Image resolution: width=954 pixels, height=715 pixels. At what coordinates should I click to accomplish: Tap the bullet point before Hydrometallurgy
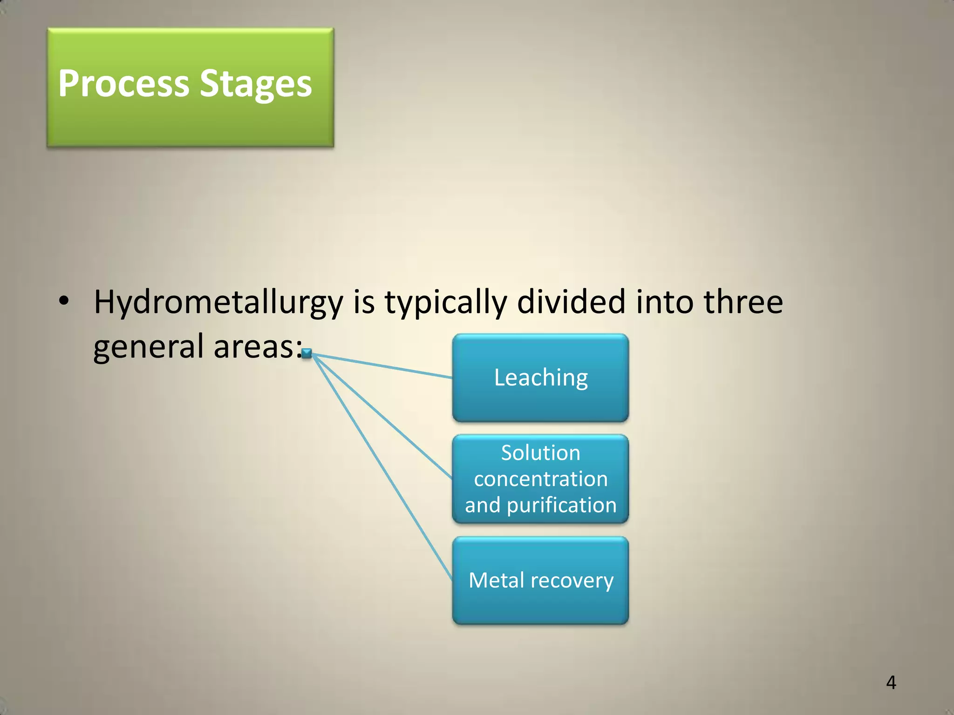pyautogui.click(x=64, y=302)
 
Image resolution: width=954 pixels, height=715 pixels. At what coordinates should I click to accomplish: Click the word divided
pyautogui.click(x=571, y=302)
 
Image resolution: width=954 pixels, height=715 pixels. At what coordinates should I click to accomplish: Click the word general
pyautogui.click(x=149, y=347)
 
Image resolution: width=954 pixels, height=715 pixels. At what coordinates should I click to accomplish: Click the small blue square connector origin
pyautogui.click(x=306, y=354)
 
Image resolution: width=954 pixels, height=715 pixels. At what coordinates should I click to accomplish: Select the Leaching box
pyautogui.click(x=540, y=378)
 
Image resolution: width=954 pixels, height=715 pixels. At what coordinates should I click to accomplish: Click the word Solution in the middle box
pyautogui.click(x=540, y=452)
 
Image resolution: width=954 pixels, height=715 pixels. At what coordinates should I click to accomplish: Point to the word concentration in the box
pyautogui.click(x=540, y=479)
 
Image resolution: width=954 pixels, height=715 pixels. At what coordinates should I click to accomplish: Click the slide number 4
pyautogui.click(x=891, y=682)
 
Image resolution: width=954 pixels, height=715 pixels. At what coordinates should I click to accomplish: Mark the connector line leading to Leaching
pyautogui.click(x=382, y=366)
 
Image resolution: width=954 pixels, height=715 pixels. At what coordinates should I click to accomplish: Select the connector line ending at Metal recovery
pyautogui.click(x=382, y=467)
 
